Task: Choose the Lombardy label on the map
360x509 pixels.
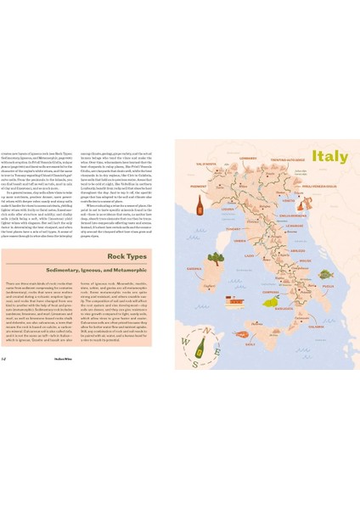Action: (x=248, y=158)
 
